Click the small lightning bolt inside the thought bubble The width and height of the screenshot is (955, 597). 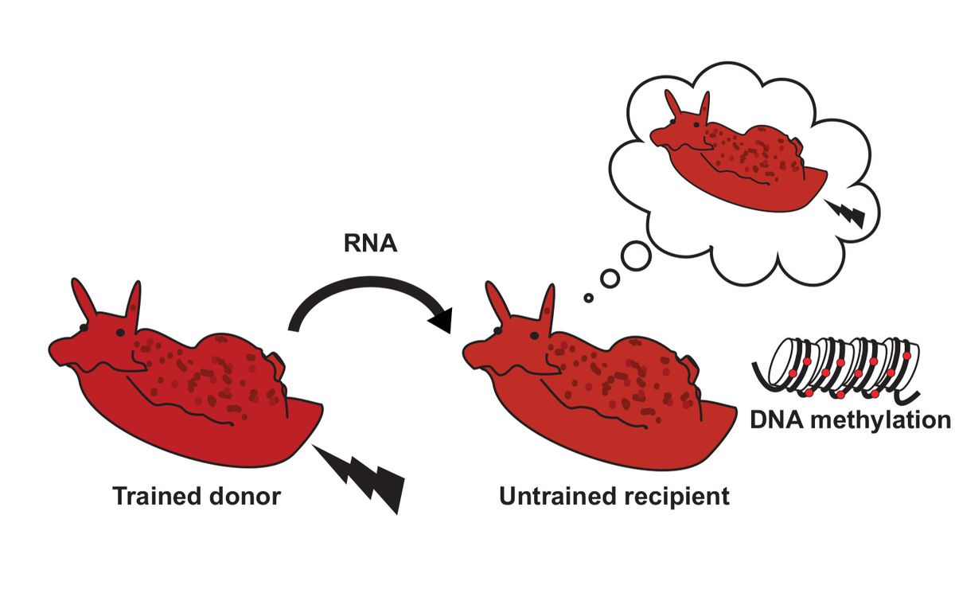tap(847, 213)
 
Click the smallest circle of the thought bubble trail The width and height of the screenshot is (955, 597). tap(588, 298)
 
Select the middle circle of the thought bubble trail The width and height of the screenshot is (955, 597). tap(610, 278)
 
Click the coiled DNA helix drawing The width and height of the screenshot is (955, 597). tap(836, 369)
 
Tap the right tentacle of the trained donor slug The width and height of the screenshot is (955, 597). tap(134, 303)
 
